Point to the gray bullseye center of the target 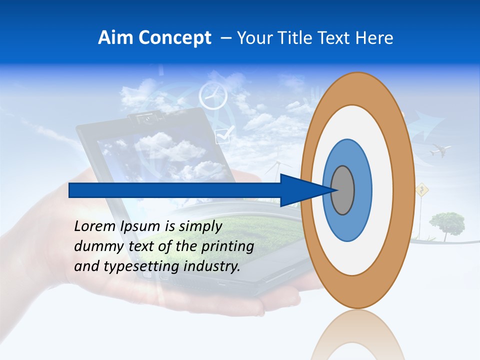[343, 190]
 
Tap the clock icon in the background [213, 96]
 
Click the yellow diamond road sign [422, 190]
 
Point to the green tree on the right [446, 222]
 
